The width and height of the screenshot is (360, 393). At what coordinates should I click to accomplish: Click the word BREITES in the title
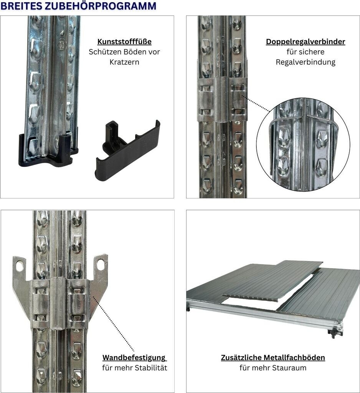click(x=21, y=6)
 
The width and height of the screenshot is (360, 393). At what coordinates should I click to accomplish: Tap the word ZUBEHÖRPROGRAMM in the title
click(x=101, y=5)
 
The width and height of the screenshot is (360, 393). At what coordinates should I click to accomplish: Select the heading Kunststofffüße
click(x=124, y=41)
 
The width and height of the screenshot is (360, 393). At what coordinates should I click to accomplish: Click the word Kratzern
click(x=124, y=62)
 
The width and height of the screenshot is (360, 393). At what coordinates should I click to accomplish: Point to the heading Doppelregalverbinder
click(x=306, y=42)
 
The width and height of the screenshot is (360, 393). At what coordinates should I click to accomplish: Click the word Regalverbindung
click(x=306, y=63)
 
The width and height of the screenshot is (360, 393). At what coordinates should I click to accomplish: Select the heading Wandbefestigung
click(x=134, y=358)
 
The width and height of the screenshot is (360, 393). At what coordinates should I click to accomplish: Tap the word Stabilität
click(x=151, y=368)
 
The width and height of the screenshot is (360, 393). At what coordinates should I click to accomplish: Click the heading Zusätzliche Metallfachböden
click(x=273, y=358)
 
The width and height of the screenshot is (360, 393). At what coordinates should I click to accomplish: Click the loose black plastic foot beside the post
click(x=128, y=150)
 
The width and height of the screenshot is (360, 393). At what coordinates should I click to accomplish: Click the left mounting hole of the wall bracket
click(x=19, y=266)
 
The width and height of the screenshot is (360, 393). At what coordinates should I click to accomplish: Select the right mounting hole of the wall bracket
click(x=101, y=265)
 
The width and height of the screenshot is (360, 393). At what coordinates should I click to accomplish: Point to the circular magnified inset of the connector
click(x=303, y=144)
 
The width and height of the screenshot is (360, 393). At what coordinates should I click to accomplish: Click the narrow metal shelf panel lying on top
click(x=273, y=281)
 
